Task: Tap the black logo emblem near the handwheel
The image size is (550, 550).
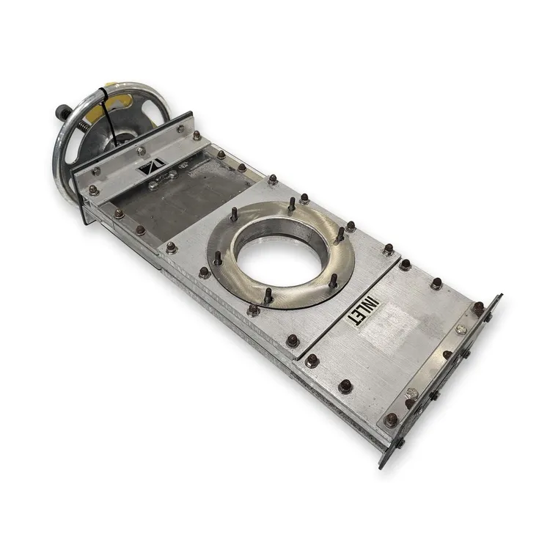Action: pos(152,167)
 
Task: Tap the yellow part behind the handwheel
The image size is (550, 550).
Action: pos(120,100)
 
